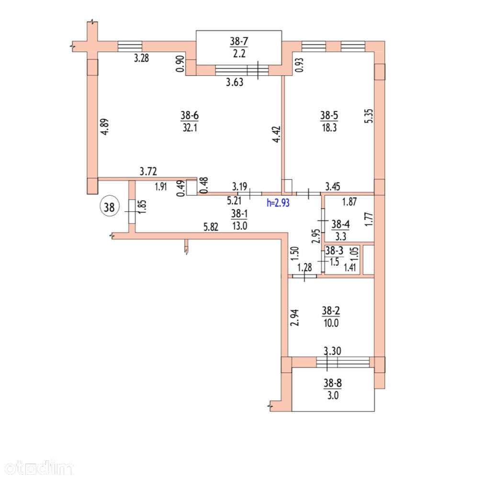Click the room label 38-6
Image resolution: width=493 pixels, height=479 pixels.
(190, 115)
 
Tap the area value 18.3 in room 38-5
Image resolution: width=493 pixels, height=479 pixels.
(329, 128)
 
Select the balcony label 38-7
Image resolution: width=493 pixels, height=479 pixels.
(239, 41)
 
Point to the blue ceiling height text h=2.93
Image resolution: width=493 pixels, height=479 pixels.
(278, 202)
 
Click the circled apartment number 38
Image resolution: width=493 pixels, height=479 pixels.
(109, 207)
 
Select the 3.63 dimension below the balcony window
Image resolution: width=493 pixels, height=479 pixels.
(235, 82)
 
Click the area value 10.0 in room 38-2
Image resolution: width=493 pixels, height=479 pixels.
(331, 323)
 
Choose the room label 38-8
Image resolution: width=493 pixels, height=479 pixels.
(333, 383)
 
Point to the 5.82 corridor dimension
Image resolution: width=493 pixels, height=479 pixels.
(211, 227)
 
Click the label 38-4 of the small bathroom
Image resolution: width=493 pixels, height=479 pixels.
(340, 224)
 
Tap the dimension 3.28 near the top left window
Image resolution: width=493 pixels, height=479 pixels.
(141, 58)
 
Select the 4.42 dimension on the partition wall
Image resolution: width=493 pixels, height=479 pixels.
(277, 134)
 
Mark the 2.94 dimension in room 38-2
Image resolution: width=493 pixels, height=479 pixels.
(295, 318)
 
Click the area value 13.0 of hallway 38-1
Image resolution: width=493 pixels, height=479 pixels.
(240, 226)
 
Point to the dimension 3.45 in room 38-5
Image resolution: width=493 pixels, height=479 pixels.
(332, 186)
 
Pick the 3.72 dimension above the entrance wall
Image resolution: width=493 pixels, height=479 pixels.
(148, 171)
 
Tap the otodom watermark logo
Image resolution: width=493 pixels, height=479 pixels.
(39, 468)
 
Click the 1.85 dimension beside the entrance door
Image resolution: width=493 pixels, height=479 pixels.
(142, 207)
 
